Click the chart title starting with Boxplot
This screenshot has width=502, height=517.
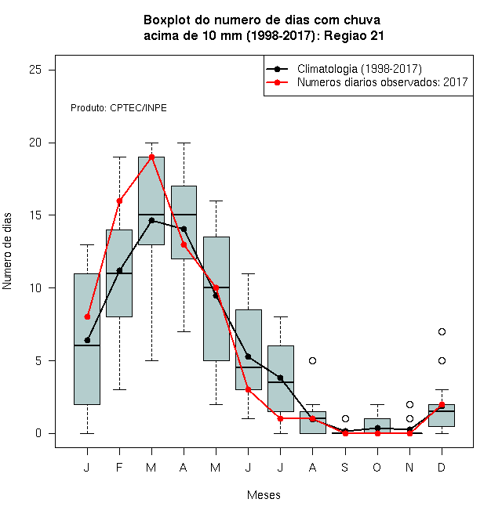[x=264, y=27]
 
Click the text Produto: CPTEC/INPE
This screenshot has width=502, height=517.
[x=118, y=108]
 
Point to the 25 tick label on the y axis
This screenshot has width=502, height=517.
[x=35, y=70]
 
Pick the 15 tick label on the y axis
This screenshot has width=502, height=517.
[x=35, y=215]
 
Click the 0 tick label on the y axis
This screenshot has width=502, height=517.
[x=38, y=433]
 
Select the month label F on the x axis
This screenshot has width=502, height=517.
[x=119, y=467]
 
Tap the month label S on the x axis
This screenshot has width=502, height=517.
[x=345, y=467]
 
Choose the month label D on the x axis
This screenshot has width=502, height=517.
[x=442, y=467]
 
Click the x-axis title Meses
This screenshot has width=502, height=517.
[x=264, y=495]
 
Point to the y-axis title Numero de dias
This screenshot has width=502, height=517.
[x=7, y=251]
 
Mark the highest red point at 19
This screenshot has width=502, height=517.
[x=151, y=157]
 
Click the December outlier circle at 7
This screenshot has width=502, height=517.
[x=442, y=331]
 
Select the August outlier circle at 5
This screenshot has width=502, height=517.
[x=312, y=360]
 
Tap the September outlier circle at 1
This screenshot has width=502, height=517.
[x=345, y=419]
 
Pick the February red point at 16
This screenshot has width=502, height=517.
[x=119, y=201]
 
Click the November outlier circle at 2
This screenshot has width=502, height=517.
[x=409, y=404]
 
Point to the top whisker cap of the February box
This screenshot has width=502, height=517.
[x=119, y=157]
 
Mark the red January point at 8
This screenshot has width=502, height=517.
[x=87, y=317]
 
